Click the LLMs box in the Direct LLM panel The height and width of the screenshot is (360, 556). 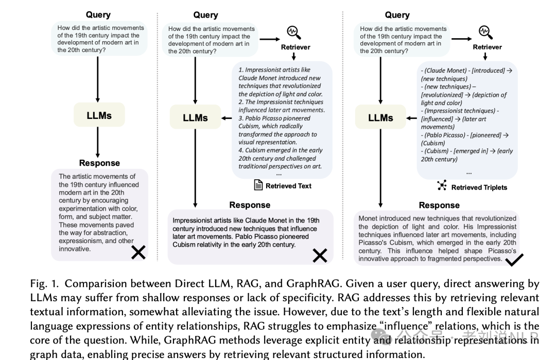[x=99, y=115]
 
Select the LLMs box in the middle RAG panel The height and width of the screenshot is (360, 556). [x=195, y=117]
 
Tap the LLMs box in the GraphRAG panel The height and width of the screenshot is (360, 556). [x=380, y=117]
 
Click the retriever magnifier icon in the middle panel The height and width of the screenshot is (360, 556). [x=293, y=33]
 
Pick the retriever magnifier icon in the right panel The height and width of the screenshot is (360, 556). [x=485, y=32]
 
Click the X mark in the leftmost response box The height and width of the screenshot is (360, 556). [x=138, y=252]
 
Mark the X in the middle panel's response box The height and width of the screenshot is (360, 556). [x=320, y=255]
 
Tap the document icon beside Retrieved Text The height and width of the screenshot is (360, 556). [x=258, y=185]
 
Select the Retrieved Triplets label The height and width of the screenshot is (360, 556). [x=479, y=187]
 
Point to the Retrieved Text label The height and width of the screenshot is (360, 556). [x=288, y=186]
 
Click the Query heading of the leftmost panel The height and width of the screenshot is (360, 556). [x=98, y=15]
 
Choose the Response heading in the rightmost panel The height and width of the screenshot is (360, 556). [x=439, y=205]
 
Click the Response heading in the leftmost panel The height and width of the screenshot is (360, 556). [x=99, y=163]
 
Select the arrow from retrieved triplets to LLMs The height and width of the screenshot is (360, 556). [x=411, y=118]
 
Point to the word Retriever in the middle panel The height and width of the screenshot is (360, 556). [x=296, y=47]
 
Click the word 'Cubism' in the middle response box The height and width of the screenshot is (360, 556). [x=184, y=245]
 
